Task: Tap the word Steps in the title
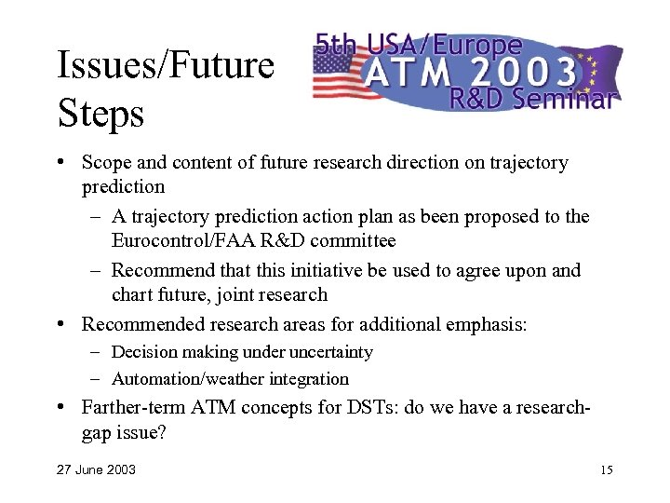(100, 115)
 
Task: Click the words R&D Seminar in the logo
(531, 100)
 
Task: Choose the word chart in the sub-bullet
(133, 295)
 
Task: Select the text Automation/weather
(188, 379)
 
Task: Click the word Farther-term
(133, 407)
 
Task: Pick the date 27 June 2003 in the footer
(96, 469)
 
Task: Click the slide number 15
(606, 469)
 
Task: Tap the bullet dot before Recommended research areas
(61, 324)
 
